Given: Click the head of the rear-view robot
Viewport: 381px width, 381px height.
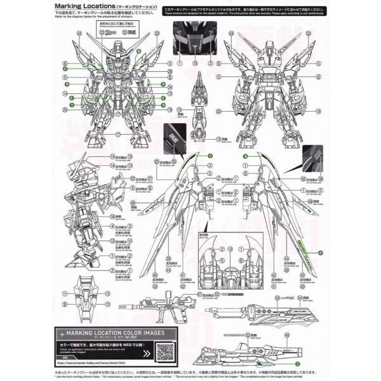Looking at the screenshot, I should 272,54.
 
